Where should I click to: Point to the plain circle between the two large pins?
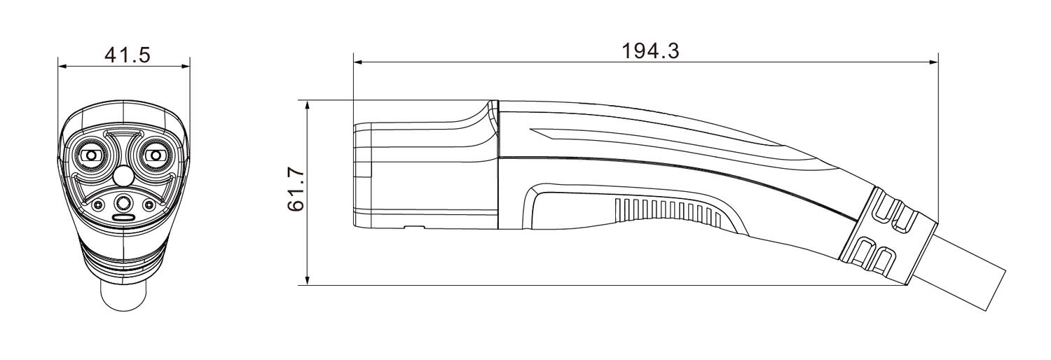123,173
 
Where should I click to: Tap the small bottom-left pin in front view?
98,205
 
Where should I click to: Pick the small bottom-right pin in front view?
149,205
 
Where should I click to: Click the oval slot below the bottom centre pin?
124,219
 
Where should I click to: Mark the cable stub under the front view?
123,294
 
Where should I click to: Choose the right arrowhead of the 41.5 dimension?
186,67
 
